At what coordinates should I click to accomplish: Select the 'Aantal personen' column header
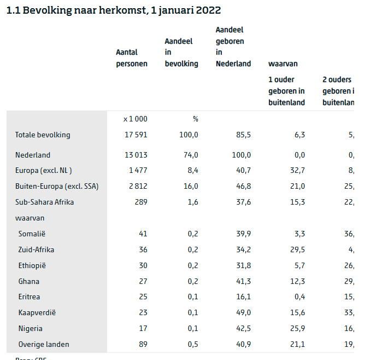coord(132,58)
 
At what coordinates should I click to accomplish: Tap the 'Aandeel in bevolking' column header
coord(181,53)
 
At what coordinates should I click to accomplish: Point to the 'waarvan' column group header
coord(283,64)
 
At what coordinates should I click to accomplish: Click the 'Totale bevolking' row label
coord(43,135)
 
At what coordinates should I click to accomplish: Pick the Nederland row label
coord(33,155)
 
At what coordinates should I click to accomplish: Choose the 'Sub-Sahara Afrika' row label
coord(44,202)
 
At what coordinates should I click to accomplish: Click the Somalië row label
coord(32,234)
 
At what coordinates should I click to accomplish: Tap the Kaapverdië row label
coord(37,313)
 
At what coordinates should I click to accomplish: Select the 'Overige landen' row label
coord(44,345)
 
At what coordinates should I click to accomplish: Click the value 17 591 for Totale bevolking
coord(136,135)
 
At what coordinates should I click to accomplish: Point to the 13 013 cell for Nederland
coord(136,155)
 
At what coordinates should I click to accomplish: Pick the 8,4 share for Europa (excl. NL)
coord(192,170)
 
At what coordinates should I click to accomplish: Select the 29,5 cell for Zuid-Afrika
coord(296,249)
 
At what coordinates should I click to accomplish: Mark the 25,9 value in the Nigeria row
coord(296,329)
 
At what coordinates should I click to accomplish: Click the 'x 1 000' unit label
coord(135,119)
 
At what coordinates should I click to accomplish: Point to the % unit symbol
coord(195,119)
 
